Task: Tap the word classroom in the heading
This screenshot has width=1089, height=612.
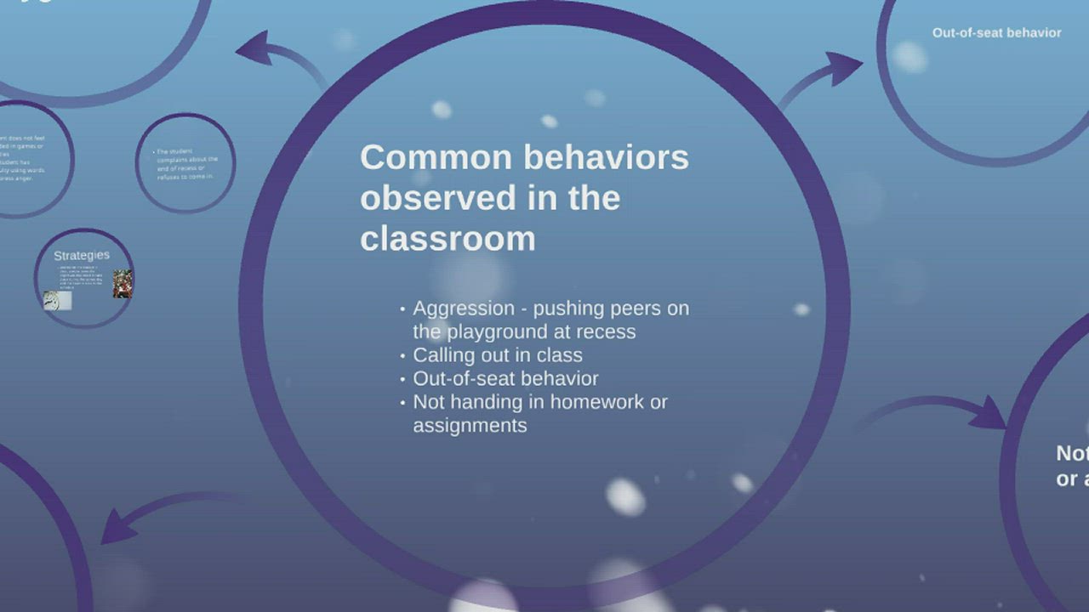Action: click(x=448, y=239)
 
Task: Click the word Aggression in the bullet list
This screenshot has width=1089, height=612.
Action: click(x=464, y=309)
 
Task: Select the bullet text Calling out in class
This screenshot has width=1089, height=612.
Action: click(x=498, y=355)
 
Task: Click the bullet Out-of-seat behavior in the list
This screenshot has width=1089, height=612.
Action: click(x=505, y=378)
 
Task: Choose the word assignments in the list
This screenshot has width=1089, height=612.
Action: click(x=470, y=425)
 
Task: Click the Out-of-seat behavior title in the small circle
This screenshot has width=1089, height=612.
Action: click(x=996, y=33)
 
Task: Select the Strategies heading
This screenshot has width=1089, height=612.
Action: click(x=82, y=255)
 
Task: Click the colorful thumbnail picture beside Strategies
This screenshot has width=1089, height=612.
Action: click(x=123, y=283)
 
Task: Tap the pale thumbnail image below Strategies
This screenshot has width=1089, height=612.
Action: click(x=58, y=300)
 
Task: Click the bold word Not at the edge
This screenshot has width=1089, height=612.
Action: click(x=1072, y=453)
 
